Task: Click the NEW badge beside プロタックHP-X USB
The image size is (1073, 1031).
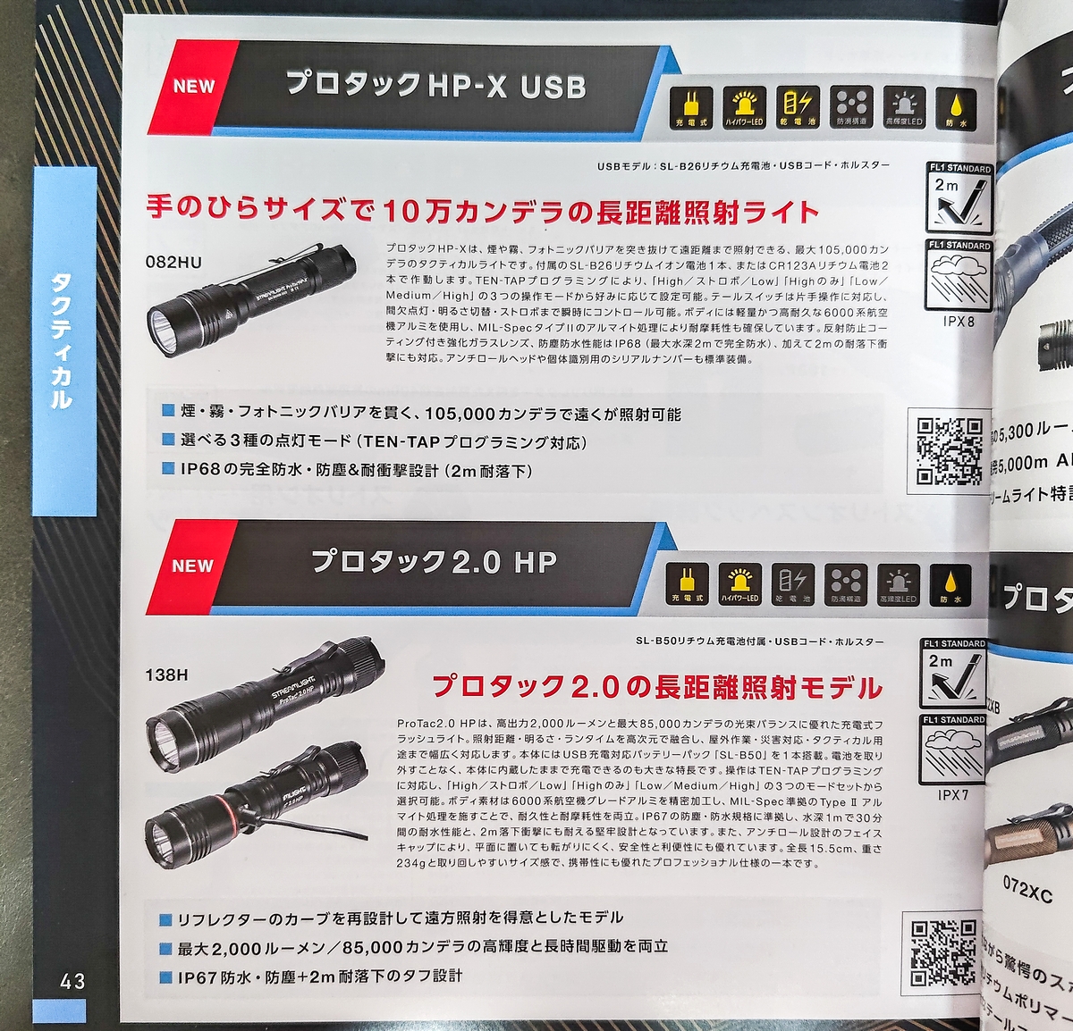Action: click(194, 87)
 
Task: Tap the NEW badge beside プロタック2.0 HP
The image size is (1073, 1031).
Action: click(192, 566)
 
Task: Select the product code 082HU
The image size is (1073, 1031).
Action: click(173, 262)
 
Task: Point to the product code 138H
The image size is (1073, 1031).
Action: click(166, 675)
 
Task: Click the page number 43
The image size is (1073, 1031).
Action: click(73, 981)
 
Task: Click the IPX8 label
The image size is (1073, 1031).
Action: click(959, 321)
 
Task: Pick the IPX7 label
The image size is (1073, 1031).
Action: click(953, 794)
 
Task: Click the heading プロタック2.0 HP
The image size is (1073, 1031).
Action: click(434, 562)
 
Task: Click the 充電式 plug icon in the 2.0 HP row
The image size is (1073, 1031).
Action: click(688, 583)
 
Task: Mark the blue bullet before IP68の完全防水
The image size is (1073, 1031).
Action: click(168, 468)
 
